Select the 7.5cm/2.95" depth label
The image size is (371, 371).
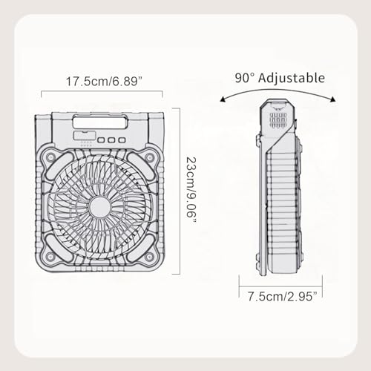pos(280,296)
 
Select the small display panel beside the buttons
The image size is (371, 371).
pos(84,139)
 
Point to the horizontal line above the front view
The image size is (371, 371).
pos(102,92)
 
